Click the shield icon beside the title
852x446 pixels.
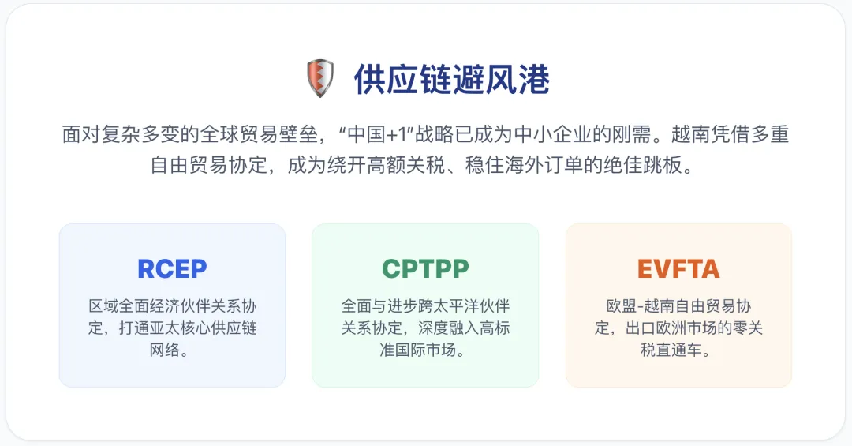pos(319,79)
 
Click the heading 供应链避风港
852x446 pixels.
pos(451,80)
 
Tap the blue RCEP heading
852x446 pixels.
pos(172,269)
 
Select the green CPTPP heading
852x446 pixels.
pos(425,269)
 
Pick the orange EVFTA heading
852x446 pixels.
pos(678,269)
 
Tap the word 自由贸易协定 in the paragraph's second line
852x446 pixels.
pos(209,167)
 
